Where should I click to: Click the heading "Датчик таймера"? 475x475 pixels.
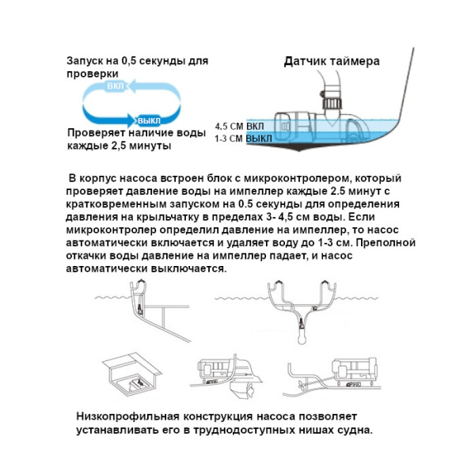[331, 61]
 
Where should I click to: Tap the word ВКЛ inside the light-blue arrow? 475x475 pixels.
[116, 86]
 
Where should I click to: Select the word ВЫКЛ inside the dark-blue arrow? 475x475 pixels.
[149, 120]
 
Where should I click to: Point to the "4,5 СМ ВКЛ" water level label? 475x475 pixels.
[241, 126]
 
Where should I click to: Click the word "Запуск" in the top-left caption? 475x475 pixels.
[85, 61]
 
